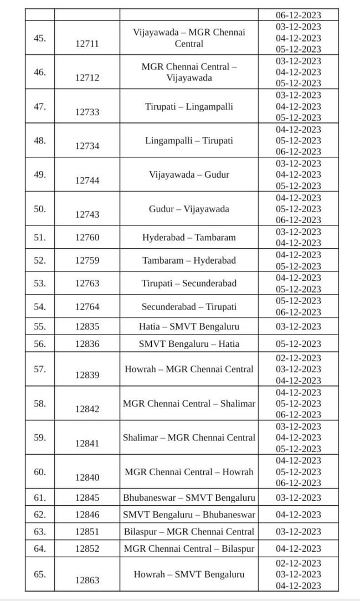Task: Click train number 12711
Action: (x=87, y=44)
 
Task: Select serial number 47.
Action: (x=40, y=106)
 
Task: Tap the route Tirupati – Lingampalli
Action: (x=189, y=106)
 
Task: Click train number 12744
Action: (x=87, y=181)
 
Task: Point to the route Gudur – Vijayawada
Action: (x=189, y=209)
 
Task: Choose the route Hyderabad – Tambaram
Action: (x=189, y=237)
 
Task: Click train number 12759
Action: (x=87, y=260)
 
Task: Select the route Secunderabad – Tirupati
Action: (x=189, y=306)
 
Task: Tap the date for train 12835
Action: (x=299, y=326)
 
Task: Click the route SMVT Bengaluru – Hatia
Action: (x=189, y=343)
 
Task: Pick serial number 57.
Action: (x=40, y=369)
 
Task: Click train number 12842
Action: (x=87, y=409)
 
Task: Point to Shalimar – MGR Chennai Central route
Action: (x=189, y=438)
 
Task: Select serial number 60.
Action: (x=40, y=472)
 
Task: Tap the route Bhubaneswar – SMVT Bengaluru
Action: (x=189, y=497)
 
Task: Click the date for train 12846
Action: (x=299, y=515)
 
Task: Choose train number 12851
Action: (x=87, y=532)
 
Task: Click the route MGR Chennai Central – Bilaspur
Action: (x=189, y=548)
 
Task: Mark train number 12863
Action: (x=87, y=580)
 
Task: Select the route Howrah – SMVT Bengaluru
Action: (x=189, y=574)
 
